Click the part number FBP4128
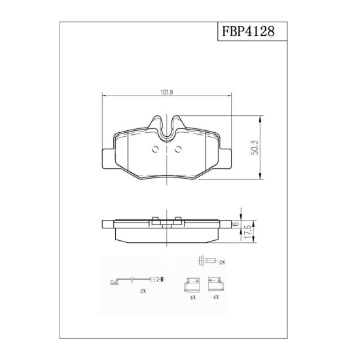point(248,31)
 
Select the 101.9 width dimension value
point(166,92)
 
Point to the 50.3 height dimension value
point(255,147)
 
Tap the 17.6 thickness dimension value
point(247,232)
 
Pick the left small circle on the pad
point(155,149)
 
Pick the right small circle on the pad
point(178,149)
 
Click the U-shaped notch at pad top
point(167,132)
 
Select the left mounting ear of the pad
point(108,159)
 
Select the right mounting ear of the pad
point(225,159)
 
